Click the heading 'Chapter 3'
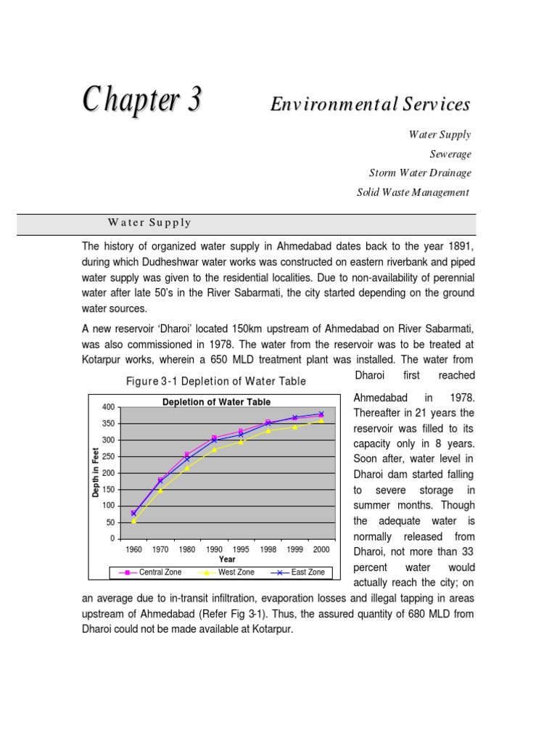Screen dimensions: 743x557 (x=141, y=100)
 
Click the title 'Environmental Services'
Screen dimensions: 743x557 (x=370, y=104)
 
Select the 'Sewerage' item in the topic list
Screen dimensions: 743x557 (x=450, y=154)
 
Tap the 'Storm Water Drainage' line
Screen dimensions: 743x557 (x=420, y=173)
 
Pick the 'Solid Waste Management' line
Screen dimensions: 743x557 (x=413, y=192)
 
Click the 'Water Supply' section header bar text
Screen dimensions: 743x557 (x=149, y=223)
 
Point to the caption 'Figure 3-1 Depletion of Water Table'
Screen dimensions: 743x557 (x=216, y=381)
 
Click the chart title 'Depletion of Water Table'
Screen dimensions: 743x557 (x=217, y=402)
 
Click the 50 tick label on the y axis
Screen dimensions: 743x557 (x=110, y=522)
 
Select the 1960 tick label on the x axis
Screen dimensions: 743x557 (x=134, y=550)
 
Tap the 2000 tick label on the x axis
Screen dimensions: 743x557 (x=321, y=550)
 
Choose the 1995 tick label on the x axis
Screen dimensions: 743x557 (x=241, y=550)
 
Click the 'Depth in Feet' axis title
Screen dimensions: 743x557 (x=96, y=472)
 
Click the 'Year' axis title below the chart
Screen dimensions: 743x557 (x=227, y=559)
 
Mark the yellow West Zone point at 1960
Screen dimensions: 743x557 (x=134, y=521)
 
